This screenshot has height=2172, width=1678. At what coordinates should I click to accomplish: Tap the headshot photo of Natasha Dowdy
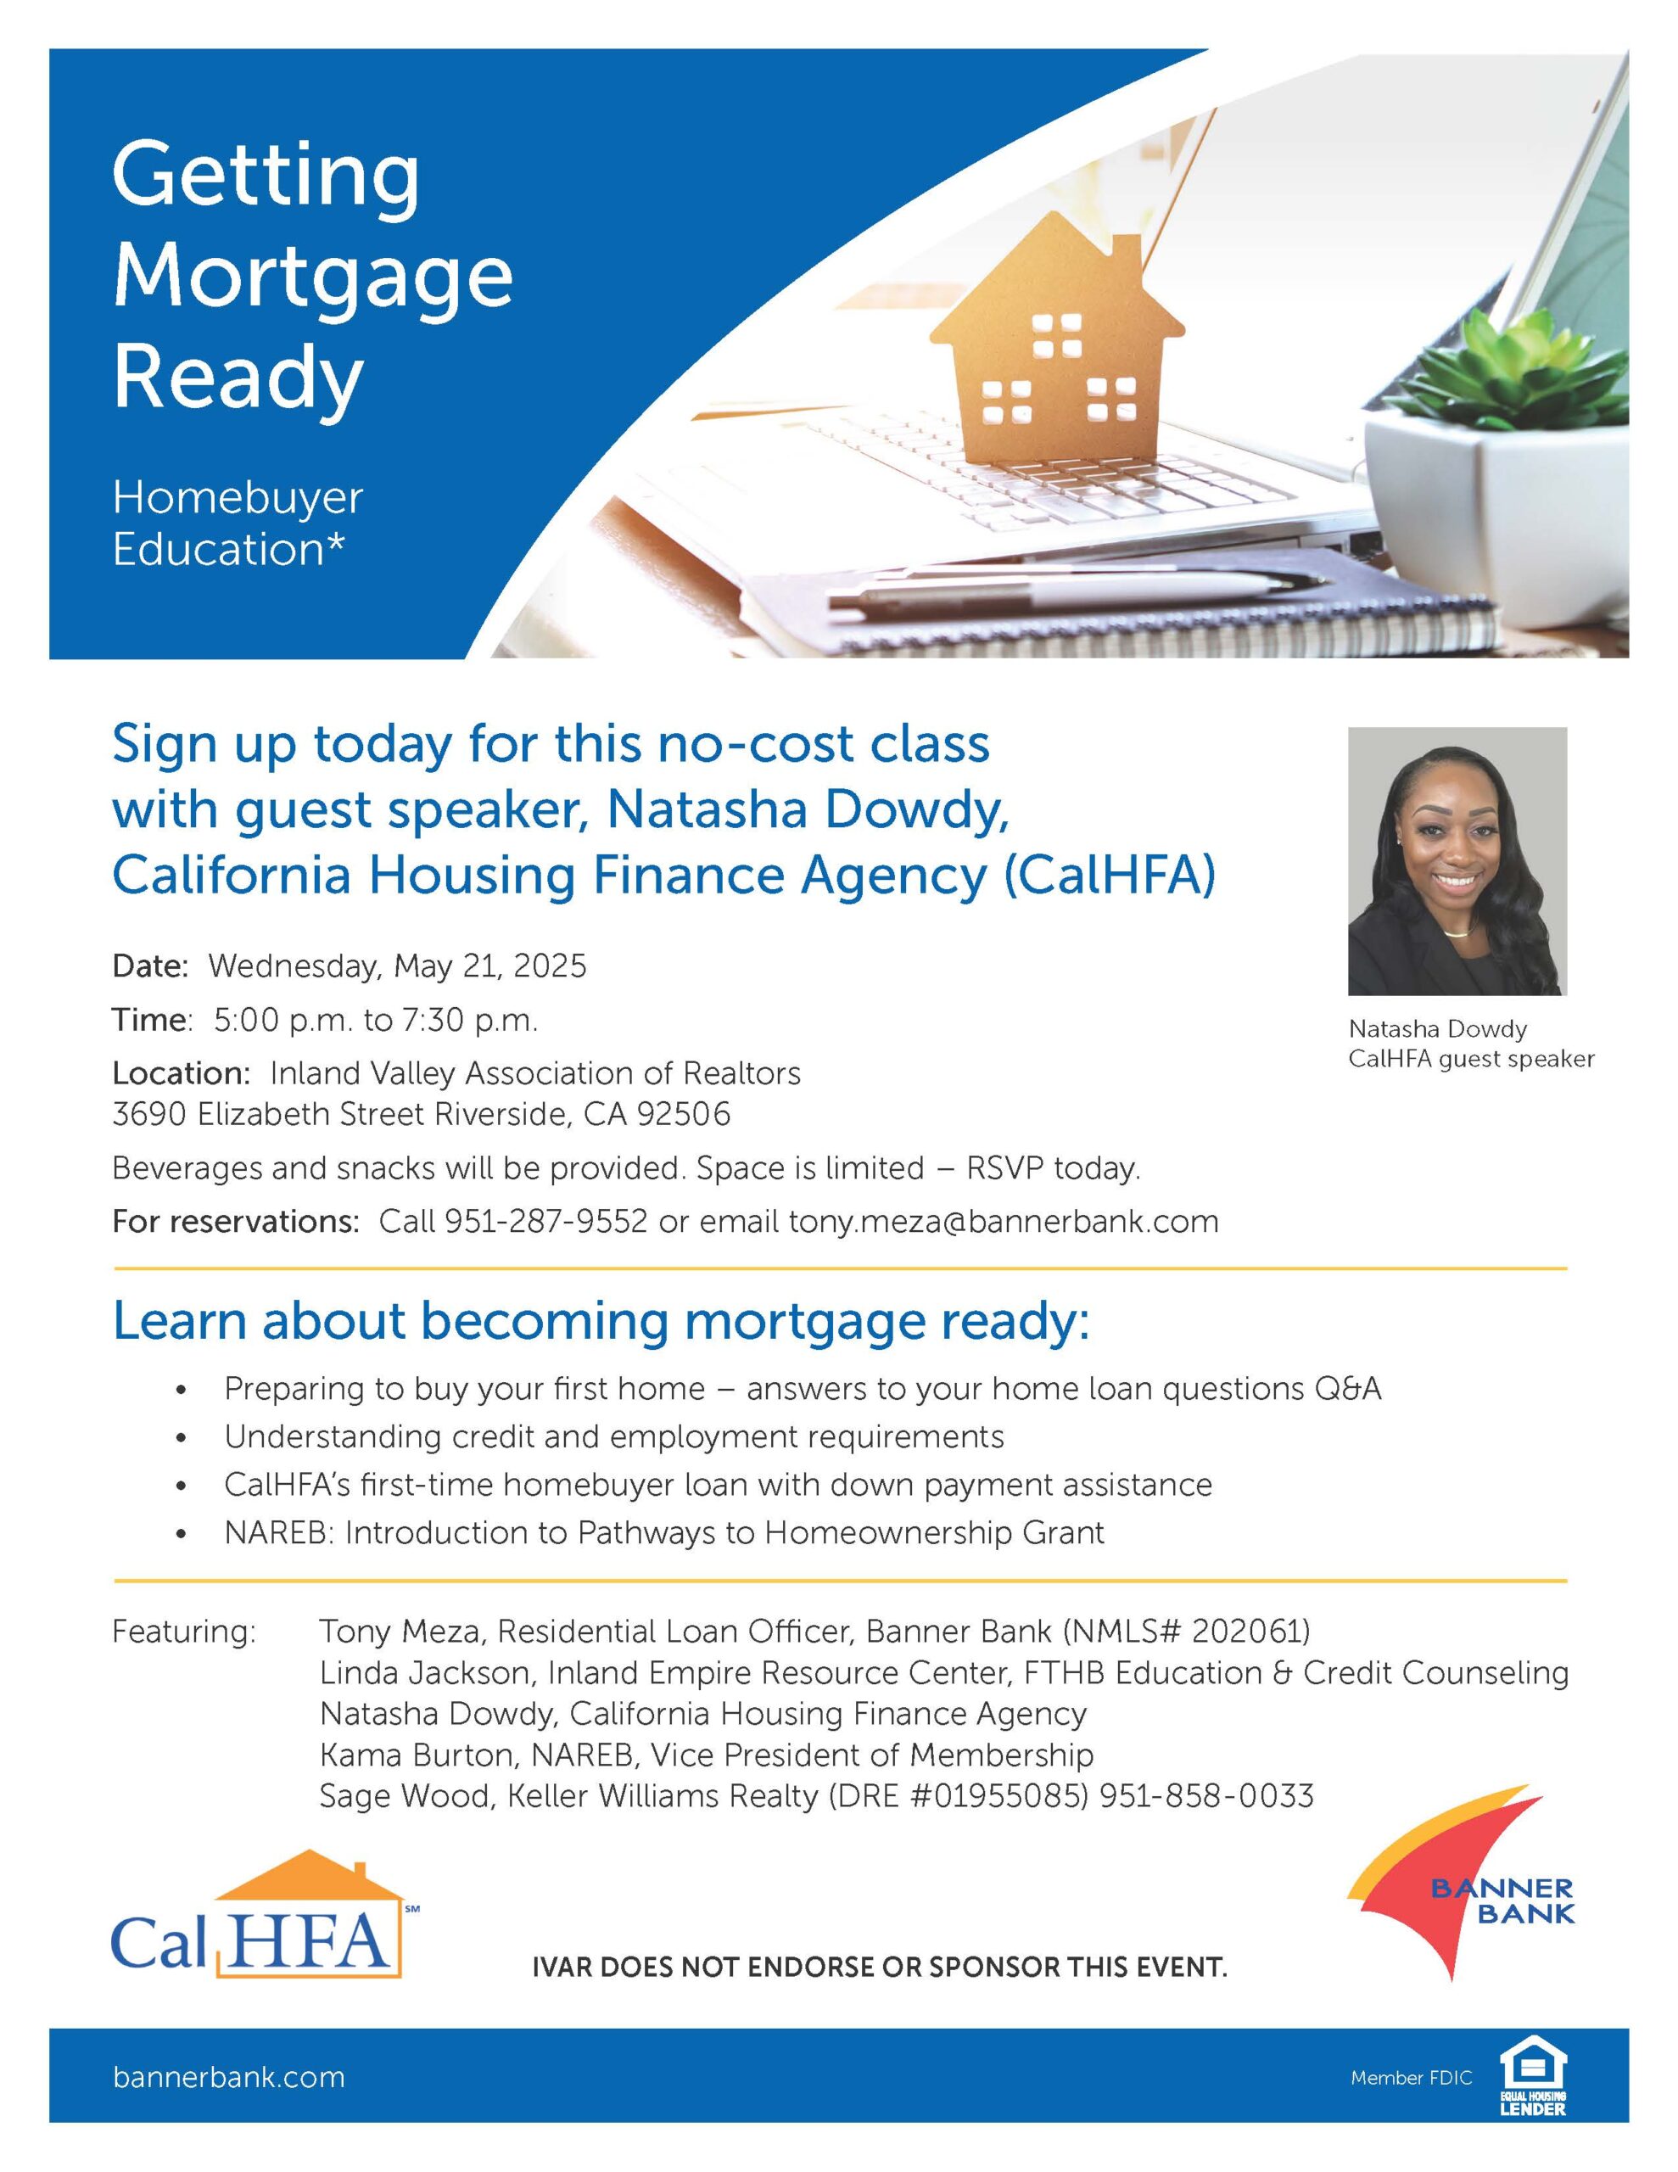[x=1457, y=861]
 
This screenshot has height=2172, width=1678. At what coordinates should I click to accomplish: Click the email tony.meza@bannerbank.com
[x=1003, y=1221]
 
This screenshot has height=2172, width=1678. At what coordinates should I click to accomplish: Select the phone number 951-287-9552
[x=545, y=1221]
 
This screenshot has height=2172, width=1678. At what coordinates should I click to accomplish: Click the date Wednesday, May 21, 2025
[x=397, y=966]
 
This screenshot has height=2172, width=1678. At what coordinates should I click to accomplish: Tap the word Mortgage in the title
[x=312, y=277]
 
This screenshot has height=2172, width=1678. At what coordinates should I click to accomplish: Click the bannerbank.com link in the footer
[x=229, y=2078]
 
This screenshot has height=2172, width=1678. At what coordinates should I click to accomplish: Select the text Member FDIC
[x=1411, y=2078]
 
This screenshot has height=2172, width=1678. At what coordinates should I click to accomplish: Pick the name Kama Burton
[x=419, y=1755]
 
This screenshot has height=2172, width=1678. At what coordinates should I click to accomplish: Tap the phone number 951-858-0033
[x=1206, y=1796]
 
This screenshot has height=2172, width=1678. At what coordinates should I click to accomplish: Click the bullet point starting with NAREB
[x=663, y=1532]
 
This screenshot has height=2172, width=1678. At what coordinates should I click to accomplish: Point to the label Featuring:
[x=184, y=1633]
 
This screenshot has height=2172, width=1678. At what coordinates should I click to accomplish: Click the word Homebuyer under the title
[x=238, y=498]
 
